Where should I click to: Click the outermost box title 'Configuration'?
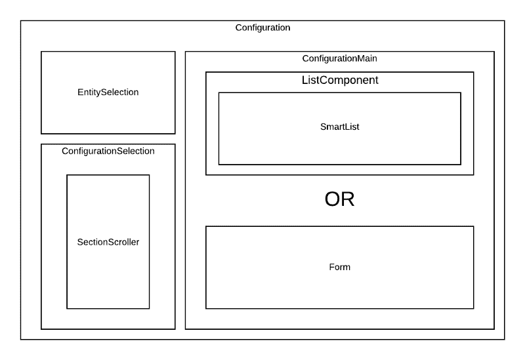(262, 28)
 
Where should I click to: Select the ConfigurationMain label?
(339, 58)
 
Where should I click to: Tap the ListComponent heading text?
(339, 80)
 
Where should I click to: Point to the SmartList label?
(339, 127)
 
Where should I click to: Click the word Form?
(339, 268)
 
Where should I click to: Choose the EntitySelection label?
(108, 92)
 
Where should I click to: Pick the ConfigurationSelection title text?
(108, 151)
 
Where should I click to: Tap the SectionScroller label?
(108, 242)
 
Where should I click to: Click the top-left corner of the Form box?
(206, 226)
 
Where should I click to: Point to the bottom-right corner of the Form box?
(473, 308)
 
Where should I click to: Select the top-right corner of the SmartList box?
(461, 92)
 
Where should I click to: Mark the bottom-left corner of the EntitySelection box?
(41, 134)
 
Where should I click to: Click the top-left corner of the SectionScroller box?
(67, 175)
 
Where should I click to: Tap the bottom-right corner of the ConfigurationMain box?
(493, 329)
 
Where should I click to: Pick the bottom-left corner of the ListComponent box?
(206, 175)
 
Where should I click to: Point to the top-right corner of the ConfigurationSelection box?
(175, 144)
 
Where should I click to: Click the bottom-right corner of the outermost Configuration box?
(505, 339)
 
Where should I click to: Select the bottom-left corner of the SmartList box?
(219, 165)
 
